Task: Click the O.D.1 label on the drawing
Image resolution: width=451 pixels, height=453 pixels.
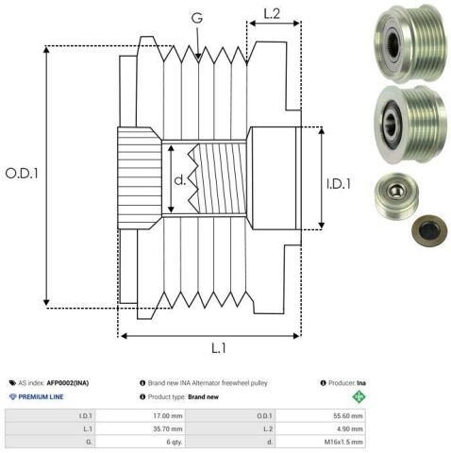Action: point(22,174)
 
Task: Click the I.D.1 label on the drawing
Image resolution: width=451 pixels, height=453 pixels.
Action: point(339,184)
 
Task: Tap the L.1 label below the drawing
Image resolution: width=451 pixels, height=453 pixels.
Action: point(219,348)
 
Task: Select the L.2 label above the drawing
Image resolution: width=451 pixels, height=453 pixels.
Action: point(272,13)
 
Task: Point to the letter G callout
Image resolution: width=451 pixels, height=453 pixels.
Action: point(197,18)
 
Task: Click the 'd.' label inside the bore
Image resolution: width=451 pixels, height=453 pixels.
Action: point(180,180)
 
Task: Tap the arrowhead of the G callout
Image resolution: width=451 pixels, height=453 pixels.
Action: point(198,57)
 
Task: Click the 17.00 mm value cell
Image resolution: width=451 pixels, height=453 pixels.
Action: point(141,416)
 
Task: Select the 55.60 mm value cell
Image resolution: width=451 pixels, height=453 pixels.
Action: point(321,416)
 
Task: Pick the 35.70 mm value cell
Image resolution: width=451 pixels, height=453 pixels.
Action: point(141,428)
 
